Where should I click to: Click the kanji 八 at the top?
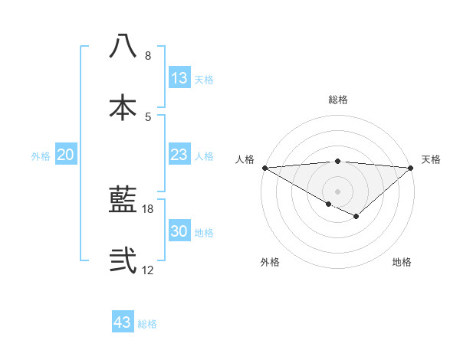[x=123, y=47]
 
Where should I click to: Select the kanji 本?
[x=123, y=108]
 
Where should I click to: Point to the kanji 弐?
[x=123, y=260]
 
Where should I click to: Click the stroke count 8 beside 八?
[x=148, y=56]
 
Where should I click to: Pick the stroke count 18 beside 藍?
[x=148, y=208]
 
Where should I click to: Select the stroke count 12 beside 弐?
[x=148, y=270]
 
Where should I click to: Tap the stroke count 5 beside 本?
[x=148, y=116]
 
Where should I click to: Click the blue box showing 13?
[x=179, y=78]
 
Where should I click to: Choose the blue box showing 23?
[x=179, y=155]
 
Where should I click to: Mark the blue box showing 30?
[x=179, y=231]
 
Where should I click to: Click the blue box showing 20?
[x=66, y=155]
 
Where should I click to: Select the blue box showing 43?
[x=123, y=322]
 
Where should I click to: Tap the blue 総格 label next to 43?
[x=148, y=324]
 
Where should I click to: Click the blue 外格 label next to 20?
[x=41, y=156]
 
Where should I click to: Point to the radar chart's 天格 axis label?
[x=432, y=159]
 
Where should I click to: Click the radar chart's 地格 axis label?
[x=402, y=263]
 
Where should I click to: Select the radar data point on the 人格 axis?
[x=264, y=167]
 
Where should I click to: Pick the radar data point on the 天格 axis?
[x=411, y=167]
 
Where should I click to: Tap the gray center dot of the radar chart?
[x=337, y=191]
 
